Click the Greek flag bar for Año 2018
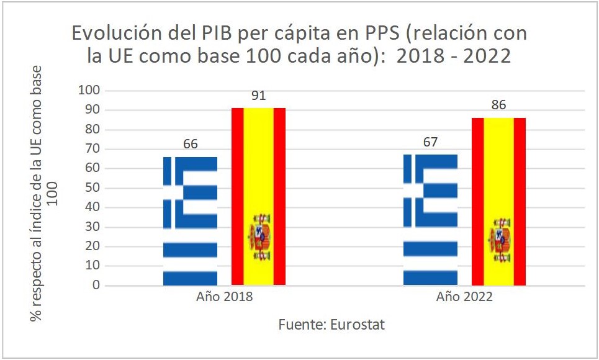click(x=190, y=221)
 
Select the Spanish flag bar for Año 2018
click(x=258, y=196)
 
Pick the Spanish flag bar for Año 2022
click(x=498, y=201)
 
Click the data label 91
click(x=259, y=96)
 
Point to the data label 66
click(x=190, y=145)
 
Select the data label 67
click(x=430, y=143)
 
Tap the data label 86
click(x=498, y=106)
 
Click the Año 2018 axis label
click(x=224, y=297)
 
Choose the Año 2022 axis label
click(x=464, y=297)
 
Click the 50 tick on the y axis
click(x=92, y=188)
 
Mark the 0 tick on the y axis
click(x=96, y=286)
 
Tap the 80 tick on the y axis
click(x=92, y=130)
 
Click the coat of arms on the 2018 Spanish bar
click(x=259, y=236)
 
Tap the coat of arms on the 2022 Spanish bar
click(x=500, y=240)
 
